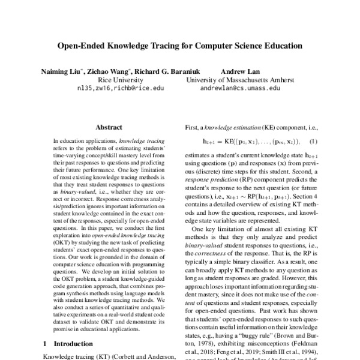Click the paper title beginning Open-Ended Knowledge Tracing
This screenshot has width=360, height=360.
(179, 46)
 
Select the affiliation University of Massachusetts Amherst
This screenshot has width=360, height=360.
(240, 79)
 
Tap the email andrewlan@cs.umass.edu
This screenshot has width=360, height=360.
(240, 88)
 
